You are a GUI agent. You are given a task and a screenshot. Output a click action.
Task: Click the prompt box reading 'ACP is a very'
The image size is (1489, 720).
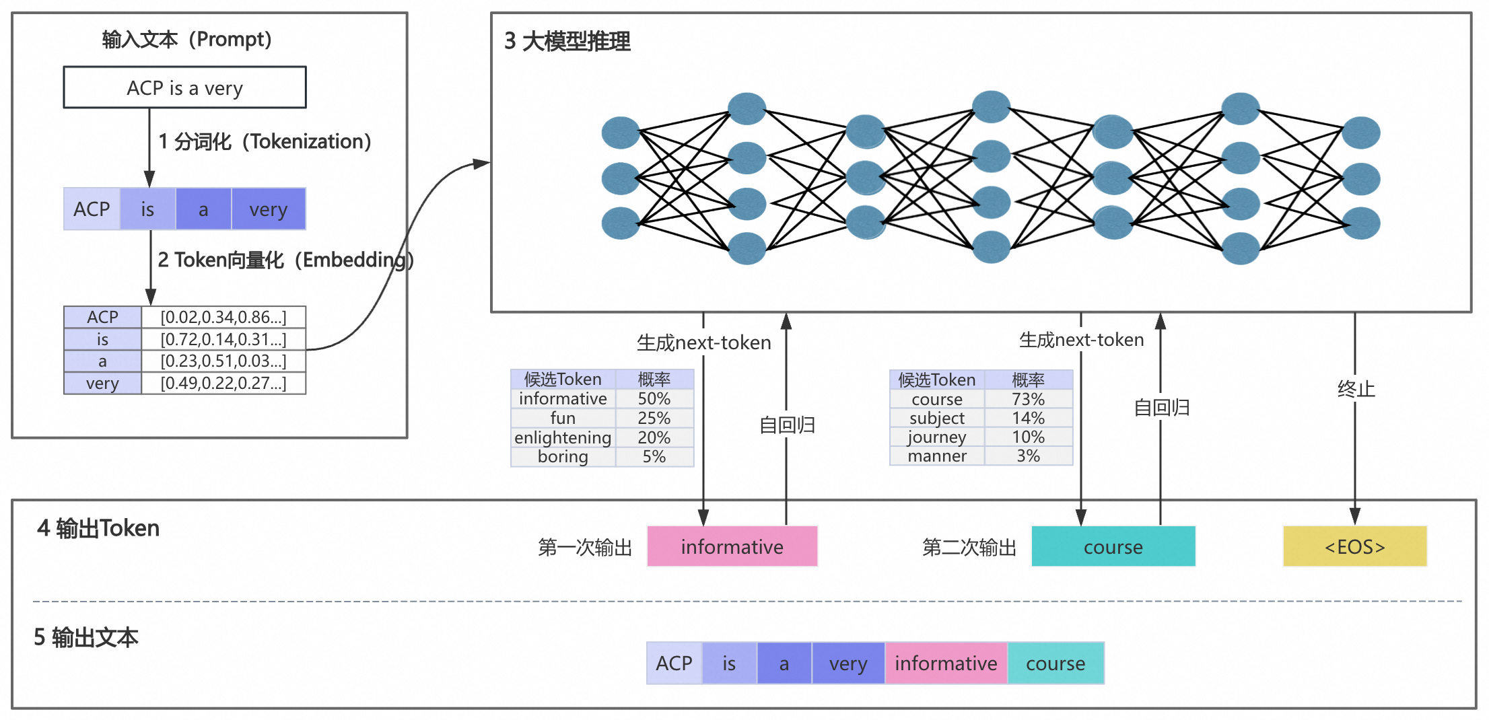click(x=184, y=87)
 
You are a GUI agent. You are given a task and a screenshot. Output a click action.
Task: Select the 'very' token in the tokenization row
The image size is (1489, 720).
click(x=268, y=209)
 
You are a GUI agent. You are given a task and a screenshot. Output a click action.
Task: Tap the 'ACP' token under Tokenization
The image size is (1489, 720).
click(x=92, y=209)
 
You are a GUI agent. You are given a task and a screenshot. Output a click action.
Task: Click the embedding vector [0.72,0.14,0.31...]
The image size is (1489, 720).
click(x=223, y=339)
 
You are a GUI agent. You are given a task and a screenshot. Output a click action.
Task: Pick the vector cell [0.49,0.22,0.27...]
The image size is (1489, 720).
click(x=223, y=383)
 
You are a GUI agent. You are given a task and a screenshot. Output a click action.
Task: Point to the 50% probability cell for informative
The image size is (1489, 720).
click(x=654, y=398)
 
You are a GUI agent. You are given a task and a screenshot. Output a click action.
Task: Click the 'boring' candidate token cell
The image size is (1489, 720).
click(x=563, y=457)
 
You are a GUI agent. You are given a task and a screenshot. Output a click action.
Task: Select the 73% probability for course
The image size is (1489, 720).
click(x=1028, y=399)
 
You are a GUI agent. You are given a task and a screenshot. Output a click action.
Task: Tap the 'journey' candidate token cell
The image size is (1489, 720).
click(x=936, y=437)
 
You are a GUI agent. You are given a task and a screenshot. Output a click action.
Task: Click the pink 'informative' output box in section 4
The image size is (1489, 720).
click(x=732, y=546)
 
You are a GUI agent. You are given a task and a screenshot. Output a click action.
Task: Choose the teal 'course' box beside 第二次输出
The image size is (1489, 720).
click(x=1113, y=546)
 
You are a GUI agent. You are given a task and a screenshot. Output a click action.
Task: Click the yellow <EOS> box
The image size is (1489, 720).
click(x=1354, y=546)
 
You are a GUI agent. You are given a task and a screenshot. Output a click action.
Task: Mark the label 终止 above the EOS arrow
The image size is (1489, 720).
click(x=1356, y=389)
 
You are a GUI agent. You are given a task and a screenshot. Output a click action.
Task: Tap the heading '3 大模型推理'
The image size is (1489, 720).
click(x=567, y=42)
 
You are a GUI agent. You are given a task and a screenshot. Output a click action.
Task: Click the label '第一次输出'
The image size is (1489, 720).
click(x=585, y=547)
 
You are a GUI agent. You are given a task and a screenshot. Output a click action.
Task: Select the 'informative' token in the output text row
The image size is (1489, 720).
click(x=945, y=663)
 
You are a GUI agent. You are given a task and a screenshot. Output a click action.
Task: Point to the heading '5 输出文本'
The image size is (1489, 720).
click(x=86, y=637)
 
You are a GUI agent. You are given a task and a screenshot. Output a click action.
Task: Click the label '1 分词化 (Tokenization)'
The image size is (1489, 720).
click(x=265, y=142)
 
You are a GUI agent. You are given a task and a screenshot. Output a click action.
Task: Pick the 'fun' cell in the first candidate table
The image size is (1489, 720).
click(x=563, y=418)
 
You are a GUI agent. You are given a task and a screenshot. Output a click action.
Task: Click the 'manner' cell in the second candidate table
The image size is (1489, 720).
click(x=936, y=456)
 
